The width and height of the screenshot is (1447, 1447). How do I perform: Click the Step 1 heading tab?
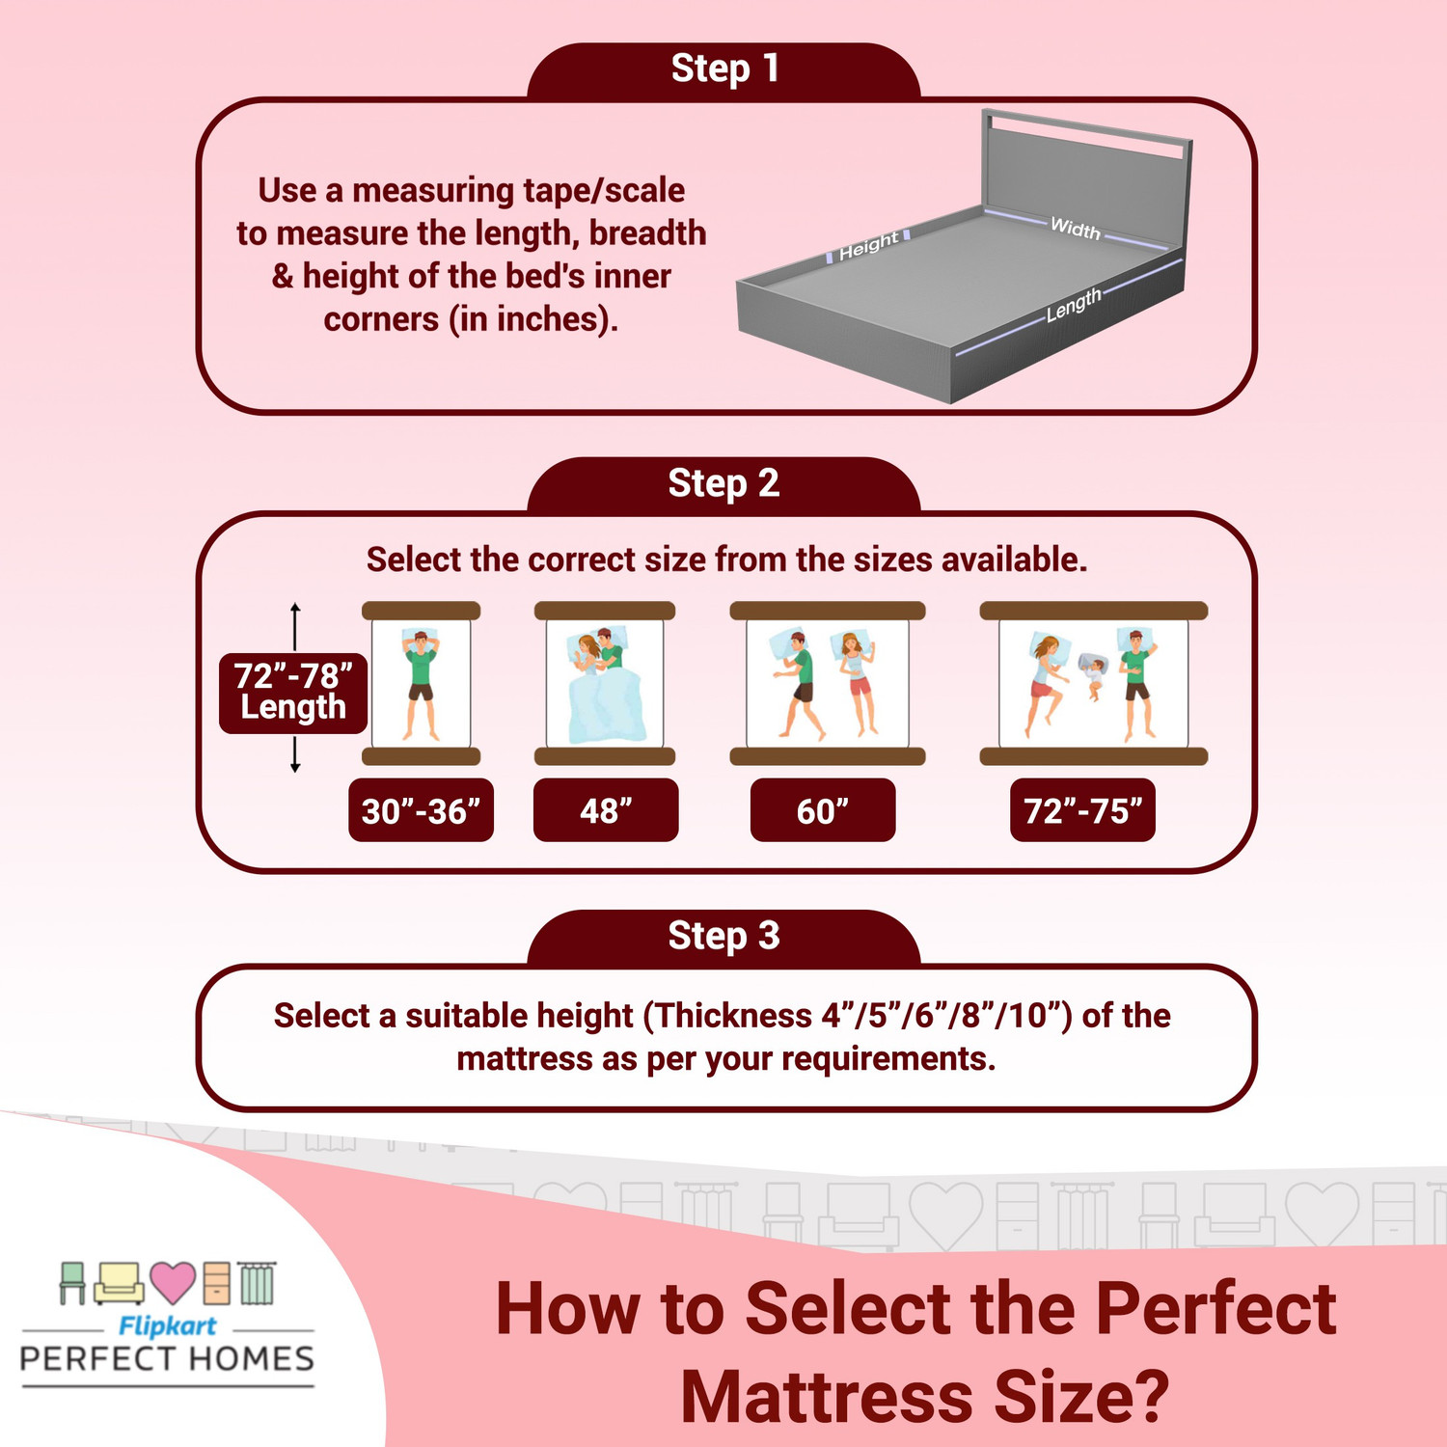pos(723,69)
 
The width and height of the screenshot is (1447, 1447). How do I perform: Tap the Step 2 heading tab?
pos(723,483)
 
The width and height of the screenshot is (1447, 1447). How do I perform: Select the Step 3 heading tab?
pos(723,936)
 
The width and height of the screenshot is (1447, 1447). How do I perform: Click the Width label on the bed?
pos(1075,229)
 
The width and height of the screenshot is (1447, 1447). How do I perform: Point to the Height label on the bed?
pos(868,246)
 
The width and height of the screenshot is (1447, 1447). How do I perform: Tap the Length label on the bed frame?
pos(1073,305)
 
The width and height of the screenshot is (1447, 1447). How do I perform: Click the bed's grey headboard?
pos(1085,174)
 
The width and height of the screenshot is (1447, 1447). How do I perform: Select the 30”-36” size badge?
pos(421,810)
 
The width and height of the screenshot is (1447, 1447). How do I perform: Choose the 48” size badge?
pos(606,810)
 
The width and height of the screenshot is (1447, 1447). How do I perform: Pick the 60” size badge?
pos(823,810)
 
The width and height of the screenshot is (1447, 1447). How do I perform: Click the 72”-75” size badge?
pos(1082,810)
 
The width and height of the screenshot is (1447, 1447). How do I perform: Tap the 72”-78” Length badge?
pos(293,692)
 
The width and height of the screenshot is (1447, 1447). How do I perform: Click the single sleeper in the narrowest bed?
pos(421,682)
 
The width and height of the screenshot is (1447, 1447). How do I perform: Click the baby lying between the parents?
pos(1093,675)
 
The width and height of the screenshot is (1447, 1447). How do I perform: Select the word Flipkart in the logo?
pos(167,1325)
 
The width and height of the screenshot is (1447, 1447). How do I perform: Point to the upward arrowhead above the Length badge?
pos(295,608)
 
